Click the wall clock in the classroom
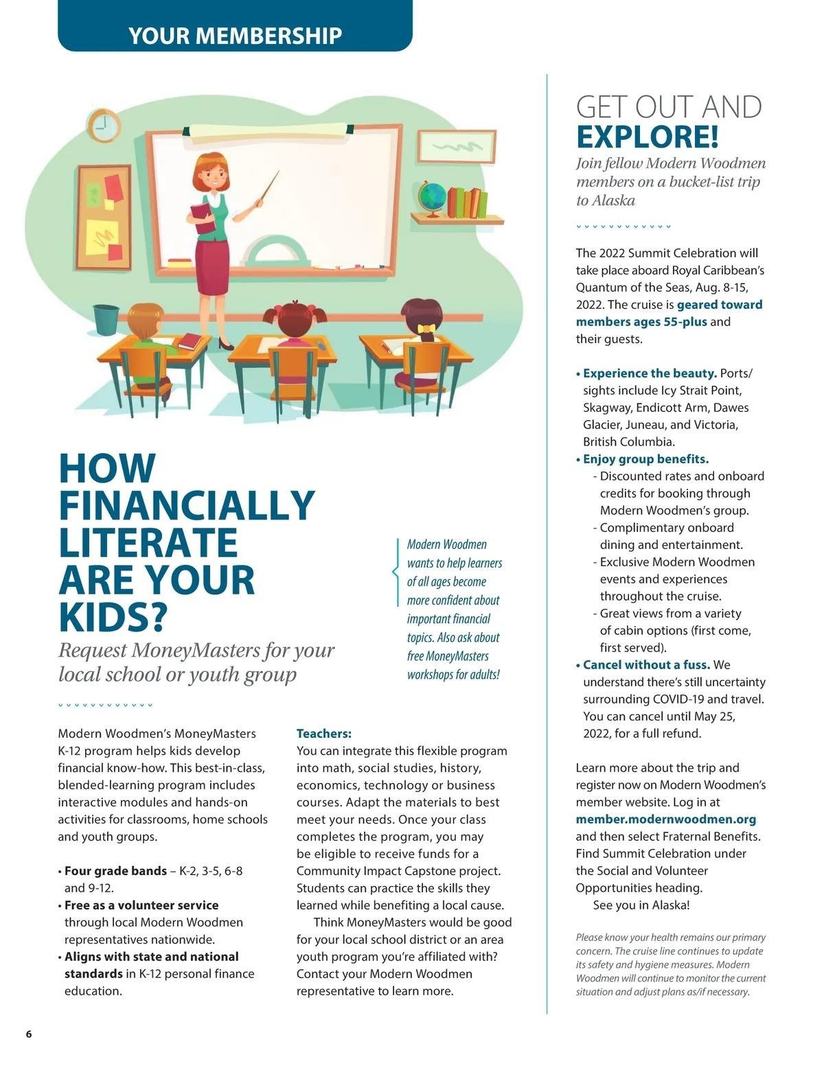click(104, 126)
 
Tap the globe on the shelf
click(433, 197)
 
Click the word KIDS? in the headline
click(113, 616)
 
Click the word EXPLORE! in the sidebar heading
click(648, 137)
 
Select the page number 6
click(29, 1034)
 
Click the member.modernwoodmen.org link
click(665, 819)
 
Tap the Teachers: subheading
click(323, 734)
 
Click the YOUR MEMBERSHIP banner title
click(235, 36)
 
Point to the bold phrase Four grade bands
click(115, 871)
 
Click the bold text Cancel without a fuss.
click(645, 664)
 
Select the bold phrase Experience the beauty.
click(650, 373)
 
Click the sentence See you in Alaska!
click(641, 905)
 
